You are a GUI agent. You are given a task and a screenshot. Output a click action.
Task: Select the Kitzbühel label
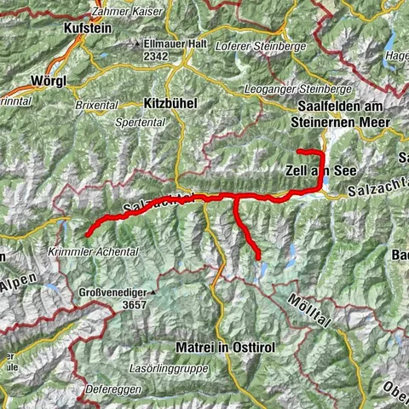pyautogui.click(x=170, y=102)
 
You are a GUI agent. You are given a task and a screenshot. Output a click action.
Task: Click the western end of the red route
pyautogui.click(x=89, y=232)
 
